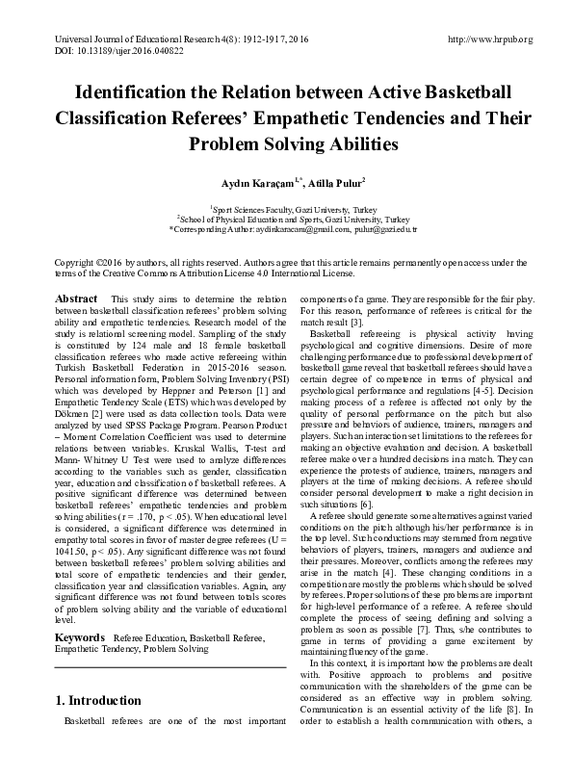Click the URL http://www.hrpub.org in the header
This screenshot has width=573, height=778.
491,39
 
